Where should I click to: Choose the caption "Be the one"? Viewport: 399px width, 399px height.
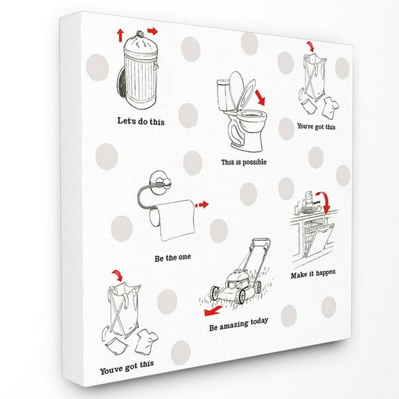pyautogui.click(x=172, y=259)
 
